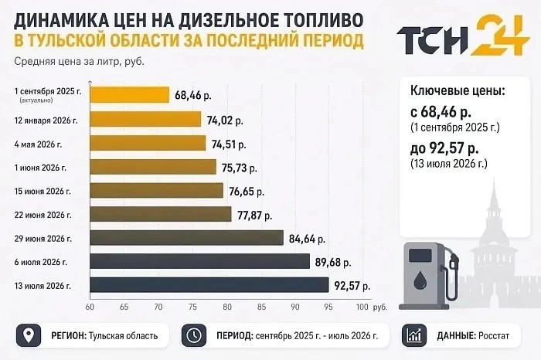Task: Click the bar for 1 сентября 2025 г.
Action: tap(130, 95)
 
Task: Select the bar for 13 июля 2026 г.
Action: tap(209, 285)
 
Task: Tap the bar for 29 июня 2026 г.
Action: tap(187, 238)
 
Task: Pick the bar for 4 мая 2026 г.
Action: tap(148, 143)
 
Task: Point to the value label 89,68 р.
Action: tap(333, 263)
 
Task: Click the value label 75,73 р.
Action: tap(240, 168)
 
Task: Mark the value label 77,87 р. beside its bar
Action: tap(254, 216)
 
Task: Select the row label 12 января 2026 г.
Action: tap(46, 121)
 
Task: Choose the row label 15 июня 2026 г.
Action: tap(43, 192)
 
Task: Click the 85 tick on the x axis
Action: tap(261, 307)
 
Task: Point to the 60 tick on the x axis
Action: tap(90, 307)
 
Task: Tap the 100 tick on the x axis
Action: tap(362, 307)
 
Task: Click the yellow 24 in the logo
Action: tap(500, 35)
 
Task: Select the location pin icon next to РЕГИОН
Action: tap(29, 335)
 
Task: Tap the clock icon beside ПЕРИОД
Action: tap(194, 335)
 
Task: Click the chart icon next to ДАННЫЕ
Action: tap(414, 335)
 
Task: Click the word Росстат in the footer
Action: tap(493, 335)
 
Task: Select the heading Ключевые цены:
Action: tap(458, 90)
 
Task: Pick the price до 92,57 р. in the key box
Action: tap(444, 148)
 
